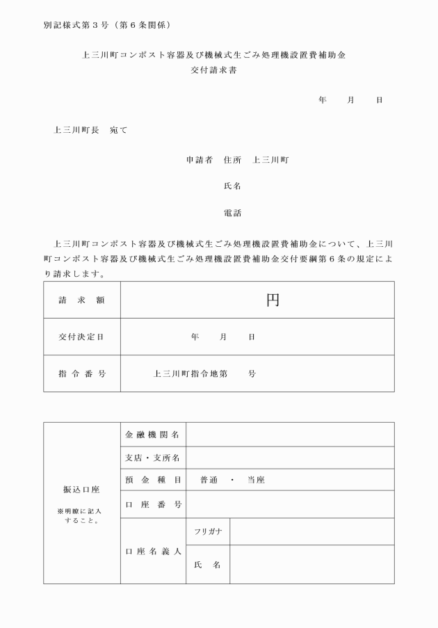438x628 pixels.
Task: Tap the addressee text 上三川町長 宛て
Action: tap(90, 130)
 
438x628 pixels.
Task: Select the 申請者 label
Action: tap(199, 160)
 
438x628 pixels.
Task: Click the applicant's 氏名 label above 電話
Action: tap(232, 186)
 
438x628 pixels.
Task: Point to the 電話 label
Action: tap(232, 213)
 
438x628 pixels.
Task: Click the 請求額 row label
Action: tap(82, 300)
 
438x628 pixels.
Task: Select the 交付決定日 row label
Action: tap(82, 337)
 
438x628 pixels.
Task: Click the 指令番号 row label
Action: tap(82, 373)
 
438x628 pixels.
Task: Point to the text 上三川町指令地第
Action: tap(191, 373)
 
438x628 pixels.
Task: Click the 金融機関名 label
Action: tap(153, 435)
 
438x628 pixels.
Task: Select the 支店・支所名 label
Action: tap(153, 458)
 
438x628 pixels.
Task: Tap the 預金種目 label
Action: tap(153, 481)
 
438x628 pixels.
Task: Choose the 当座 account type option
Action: tap(256, 481)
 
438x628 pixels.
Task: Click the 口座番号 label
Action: tap(153, 504)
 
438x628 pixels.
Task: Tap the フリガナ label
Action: tap(208, 532)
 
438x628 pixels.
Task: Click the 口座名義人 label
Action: tap(153, 551)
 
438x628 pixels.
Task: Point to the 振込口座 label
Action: tap(82, 490)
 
